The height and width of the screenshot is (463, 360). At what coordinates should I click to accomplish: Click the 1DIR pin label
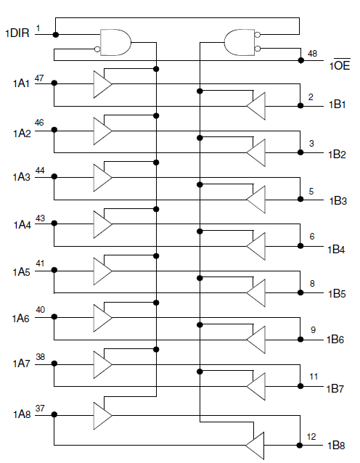click(x=17, y=33)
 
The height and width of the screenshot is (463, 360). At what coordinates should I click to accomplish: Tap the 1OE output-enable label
click(x=340, y=65)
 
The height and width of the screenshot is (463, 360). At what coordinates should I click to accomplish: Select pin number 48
click(x=312, y=54)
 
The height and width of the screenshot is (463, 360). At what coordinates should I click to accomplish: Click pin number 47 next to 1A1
click(x=39, y=78)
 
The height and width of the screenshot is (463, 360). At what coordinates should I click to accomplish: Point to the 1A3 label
click(x=22, y=177)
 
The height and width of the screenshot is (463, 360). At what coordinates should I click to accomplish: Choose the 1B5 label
click(x=337, y=294)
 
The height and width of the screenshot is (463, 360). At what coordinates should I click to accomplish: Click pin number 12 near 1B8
click(x=311, y=437)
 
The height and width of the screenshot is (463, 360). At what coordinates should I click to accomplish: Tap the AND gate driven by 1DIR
click(x=115, y=42)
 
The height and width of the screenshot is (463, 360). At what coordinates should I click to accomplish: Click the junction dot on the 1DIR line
click(x=55, y=35)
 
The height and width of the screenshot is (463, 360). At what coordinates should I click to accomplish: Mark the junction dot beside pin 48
click(x=301, y=60)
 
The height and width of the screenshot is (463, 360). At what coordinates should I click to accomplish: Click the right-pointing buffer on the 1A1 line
click(x=103, y=84)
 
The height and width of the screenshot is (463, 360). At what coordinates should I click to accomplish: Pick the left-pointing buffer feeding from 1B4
click(x=255, y=246)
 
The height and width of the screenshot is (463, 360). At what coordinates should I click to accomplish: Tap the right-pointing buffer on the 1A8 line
click(x=103, y=415)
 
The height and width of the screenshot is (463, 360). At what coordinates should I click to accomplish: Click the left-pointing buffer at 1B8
click(x=255, y=446)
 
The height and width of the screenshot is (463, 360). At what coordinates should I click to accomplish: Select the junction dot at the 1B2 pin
click(x=300, y=152)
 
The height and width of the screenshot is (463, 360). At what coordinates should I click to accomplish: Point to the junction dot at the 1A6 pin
click(x=54, y=317)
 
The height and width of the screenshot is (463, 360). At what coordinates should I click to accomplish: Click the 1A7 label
click(x=21, y=364)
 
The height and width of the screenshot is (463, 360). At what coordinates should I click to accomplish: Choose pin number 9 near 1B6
click(x=313, y=329)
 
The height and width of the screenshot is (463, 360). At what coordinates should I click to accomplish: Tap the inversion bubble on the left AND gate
click(x=97, y=49)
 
